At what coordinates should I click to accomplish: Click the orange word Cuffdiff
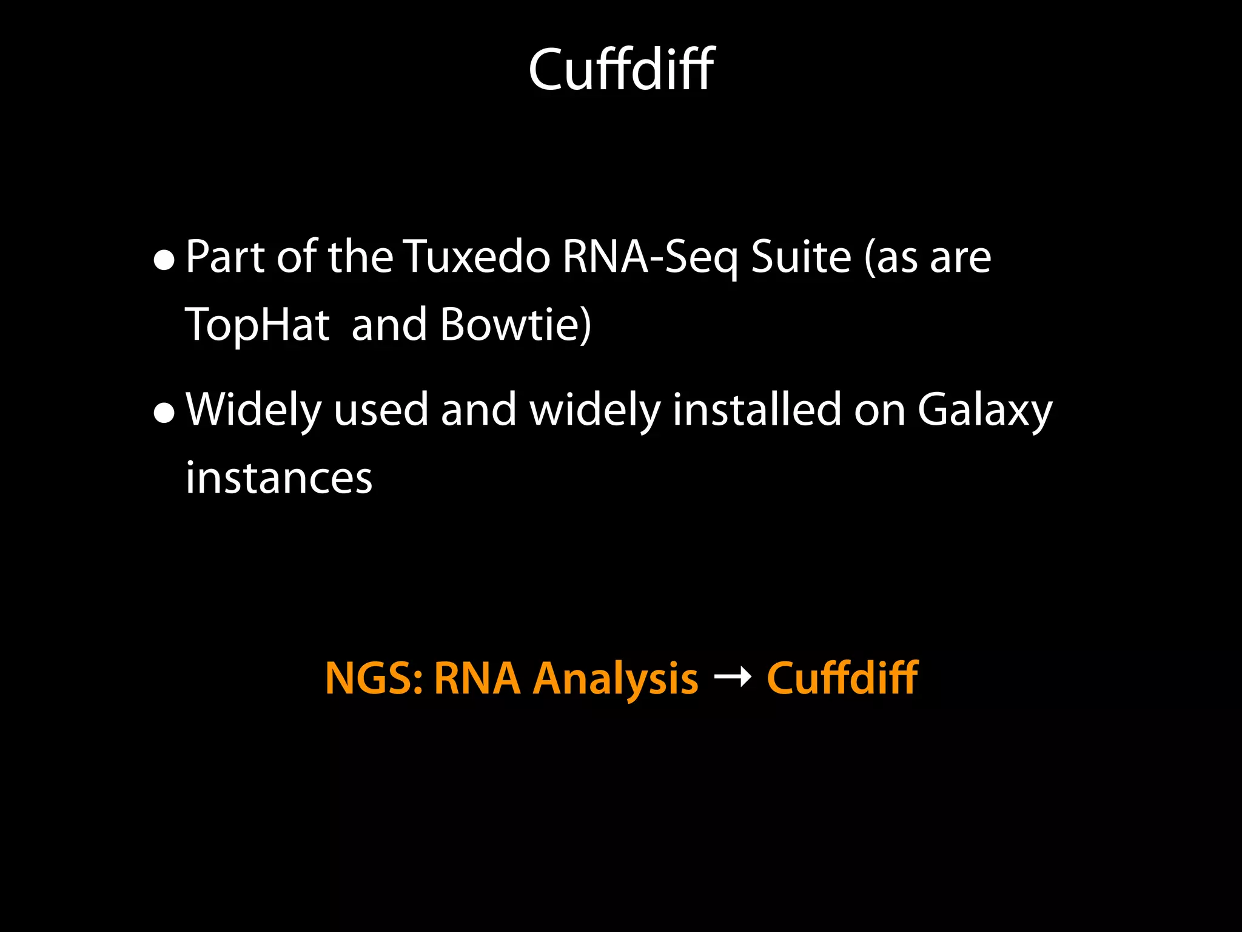[842, 678]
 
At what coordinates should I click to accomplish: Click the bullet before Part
[164, 260]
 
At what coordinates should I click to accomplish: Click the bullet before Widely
[164, 413]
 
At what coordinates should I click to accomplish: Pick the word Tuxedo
[477, 257]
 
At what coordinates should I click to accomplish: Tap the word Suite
[801, 257]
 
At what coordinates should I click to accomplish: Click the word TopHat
[257, 325]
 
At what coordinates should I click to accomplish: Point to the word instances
[279, 478]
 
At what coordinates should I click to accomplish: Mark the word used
[381, 410]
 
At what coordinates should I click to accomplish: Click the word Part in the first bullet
[226, 257]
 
